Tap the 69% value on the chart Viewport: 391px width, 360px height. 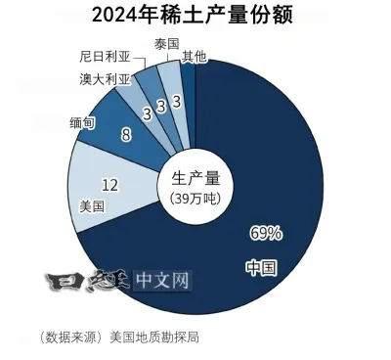click(266, 233)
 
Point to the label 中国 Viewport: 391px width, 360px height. click(260, 266)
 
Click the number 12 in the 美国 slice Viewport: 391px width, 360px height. click(110, 183)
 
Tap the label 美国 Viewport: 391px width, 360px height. click(90, 207)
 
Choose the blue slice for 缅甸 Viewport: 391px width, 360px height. click(122, 132)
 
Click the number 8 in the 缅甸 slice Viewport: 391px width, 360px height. click(126, 136)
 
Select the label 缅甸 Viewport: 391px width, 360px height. click(82, 121)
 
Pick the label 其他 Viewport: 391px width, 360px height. click(194, 57)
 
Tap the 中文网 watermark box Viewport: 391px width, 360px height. click(162, 282)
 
